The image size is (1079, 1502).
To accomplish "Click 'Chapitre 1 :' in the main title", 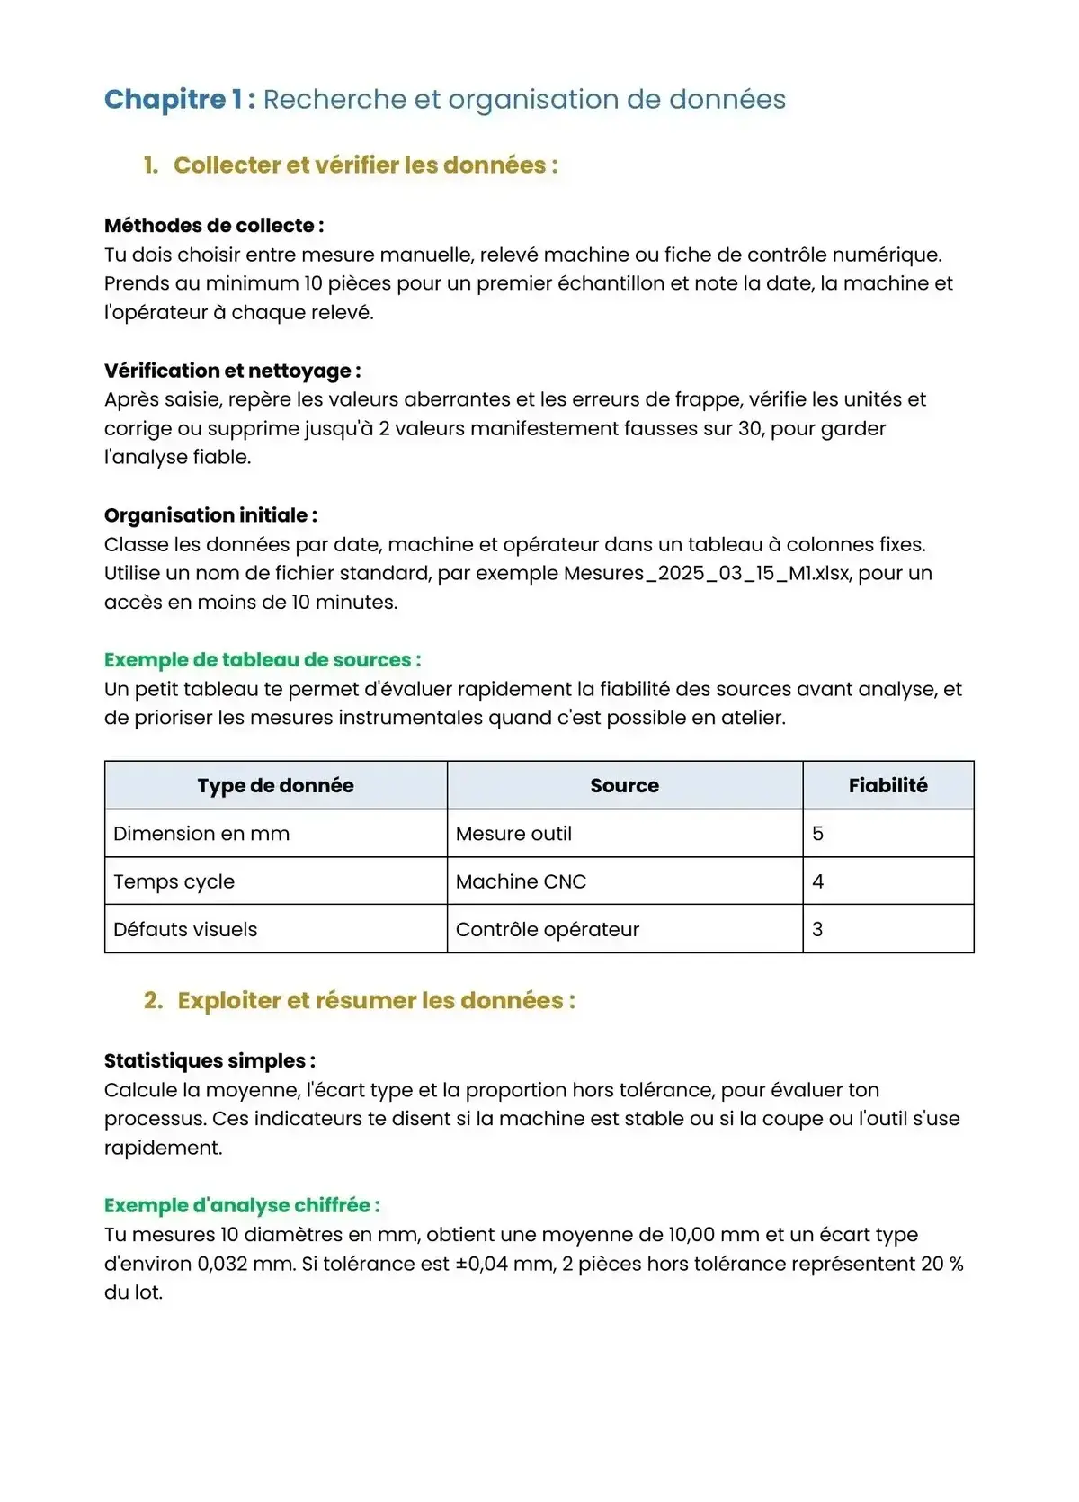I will point(180,99).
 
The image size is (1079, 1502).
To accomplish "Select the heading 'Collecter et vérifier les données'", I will point(365,165).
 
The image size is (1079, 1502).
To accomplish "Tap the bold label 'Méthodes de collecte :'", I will point(214,226).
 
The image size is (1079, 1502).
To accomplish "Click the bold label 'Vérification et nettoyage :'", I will point(232,371).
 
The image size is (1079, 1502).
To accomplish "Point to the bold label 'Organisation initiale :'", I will point(210,515).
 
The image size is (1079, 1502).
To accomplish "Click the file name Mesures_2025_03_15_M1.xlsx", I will point(706,573).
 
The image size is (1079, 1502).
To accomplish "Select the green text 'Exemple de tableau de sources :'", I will point(263,660).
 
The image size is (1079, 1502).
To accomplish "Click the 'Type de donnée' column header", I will point(275,785).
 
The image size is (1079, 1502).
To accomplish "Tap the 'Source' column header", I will point(624,785).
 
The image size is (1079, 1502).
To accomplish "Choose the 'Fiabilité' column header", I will point(887,785).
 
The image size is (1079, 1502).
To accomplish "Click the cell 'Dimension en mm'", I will point(201,834).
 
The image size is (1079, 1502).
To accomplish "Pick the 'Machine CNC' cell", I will point(521,881).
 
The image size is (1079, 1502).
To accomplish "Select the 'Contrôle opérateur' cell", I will point(547,929).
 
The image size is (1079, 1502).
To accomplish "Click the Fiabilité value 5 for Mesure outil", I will point(817,834).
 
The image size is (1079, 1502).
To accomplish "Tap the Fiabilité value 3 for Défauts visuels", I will point(817,929).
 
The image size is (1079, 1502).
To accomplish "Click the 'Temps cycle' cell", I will point(174,881).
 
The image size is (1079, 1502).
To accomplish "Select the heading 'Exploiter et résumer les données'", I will point(376,1001).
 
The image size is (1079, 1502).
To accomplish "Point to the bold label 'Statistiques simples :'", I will point(210,1061).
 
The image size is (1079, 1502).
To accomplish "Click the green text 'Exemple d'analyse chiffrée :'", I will point(242,1205).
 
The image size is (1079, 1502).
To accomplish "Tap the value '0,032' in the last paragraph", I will point(222,1264).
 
